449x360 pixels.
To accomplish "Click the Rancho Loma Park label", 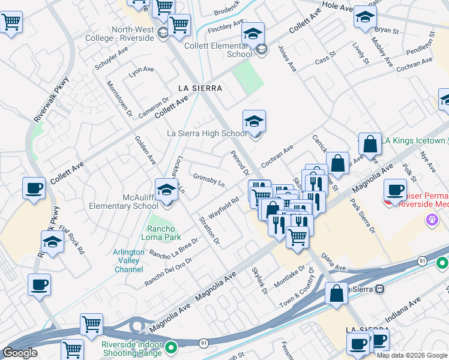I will [161, 233].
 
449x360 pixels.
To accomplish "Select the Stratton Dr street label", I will [209, 230].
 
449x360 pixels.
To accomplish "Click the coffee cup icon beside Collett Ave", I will [34, 188].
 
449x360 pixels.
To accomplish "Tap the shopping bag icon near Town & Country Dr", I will [337, 294].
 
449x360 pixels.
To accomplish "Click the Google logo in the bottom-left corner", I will [20, 353].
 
